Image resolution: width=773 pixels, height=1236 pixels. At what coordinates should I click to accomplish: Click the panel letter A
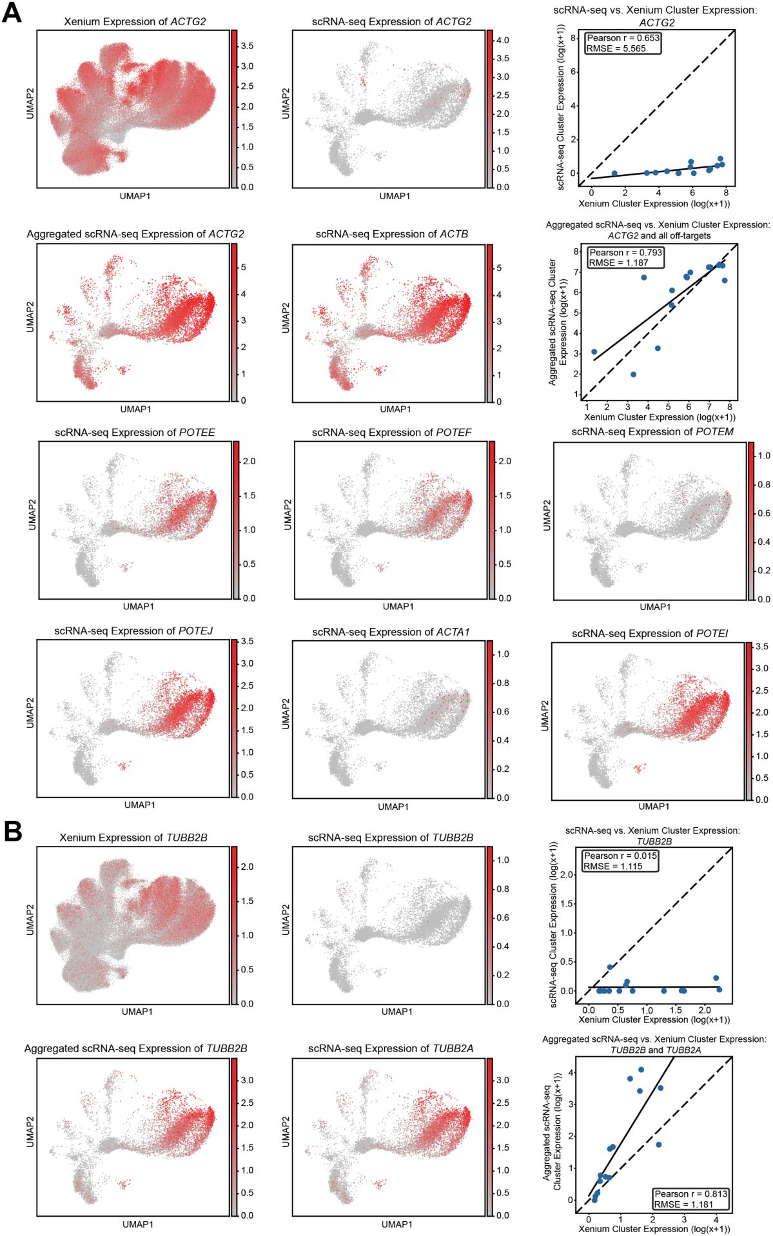click(12, 13)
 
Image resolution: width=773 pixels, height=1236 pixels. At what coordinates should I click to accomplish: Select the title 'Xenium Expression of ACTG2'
click(135, 22)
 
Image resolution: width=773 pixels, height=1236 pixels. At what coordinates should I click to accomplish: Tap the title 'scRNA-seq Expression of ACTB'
click(391, 234)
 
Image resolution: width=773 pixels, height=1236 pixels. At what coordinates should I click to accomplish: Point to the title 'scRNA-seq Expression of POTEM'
click(652, 432)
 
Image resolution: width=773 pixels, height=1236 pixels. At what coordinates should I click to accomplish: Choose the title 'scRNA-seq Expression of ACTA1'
click(391, 632)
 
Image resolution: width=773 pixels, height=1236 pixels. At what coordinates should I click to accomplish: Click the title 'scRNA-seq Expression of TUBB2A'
click(391, 1048)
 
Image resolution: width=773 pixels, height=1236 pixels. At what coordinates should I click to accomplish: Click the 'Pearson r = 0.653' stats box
click(623, 43)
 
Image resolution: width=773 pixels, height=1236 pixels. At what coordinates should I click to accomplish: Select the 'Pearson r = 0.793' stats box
click(625, 257)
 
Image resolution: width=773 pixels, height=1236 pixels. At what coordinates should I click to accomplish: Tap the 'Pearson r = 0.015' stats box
click(620, 861)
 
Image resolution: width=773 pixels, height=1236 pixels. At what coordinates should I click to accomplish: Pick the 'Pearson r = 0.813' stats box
click(690, 1199)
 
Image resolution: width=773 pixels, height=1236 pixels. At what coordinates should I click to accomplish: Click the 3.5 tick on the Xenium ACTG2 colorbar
click(247, 46)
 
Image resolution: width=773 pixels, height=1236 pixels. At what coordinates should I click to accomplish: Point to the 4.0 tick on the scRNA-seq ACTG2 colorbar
click(502, 40)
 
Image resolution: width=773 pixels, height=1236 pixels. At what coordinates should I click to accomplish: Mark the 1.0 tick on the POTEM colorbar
click(763, 456)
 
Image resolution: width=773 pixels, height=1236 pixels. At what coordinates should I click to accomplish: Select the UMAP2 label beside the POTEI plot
click(545, 716)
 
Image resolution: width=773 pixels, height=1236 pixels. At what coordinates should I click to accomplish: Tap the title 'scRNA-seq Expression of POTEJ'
click(133, 631)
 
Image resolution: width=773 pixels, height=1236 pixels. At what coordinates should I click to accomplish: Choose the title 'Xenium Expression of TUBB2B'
click(133, 838)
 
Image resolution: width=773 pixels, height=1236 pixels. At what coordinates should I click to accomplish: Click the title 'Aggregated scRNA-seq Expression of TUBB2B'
click(135, 1048)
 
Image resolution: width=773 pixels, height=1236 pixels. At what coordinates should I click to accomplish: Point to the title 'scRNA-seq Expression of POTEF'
click(391, 432)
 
